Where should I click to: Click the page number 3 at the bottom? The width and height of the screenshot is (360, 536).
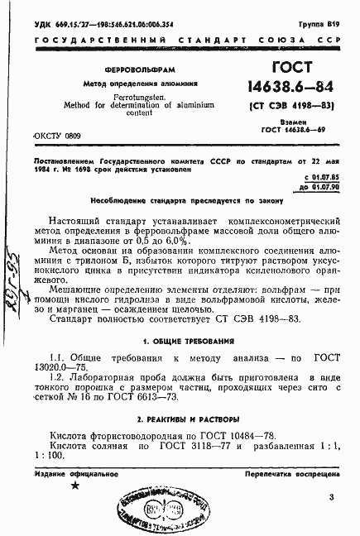(x=330, y=496)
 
